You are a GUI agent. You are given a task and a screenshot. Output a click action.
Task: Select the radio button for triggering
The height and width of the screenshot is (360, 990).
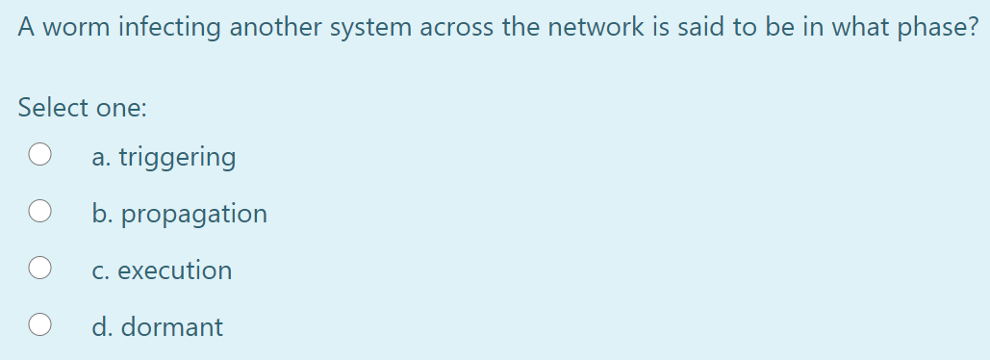click(39, 156)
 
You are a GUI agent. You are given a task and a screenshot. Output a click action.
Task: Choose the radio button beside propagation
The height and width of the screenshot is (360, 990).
click(39, 213)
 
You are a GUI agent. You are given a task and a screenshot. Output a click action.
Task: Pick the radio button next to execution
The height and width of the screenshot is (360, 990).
click(39, 270)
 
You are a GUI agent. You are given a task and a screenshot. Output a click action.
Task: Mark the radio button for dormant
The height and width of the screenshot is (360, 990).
click(39, 326)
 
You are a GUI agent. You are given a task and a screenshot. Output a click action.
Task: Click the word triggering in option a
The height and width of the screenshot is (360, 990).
click(176, 157)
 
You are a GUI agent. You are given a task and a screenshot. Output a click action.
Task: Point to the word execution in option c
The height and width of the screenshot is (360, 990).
click(174, 270)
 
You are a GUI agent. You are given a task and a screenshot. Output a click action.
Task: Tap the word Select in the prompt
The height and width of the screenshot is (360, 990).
click(51, 108)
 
